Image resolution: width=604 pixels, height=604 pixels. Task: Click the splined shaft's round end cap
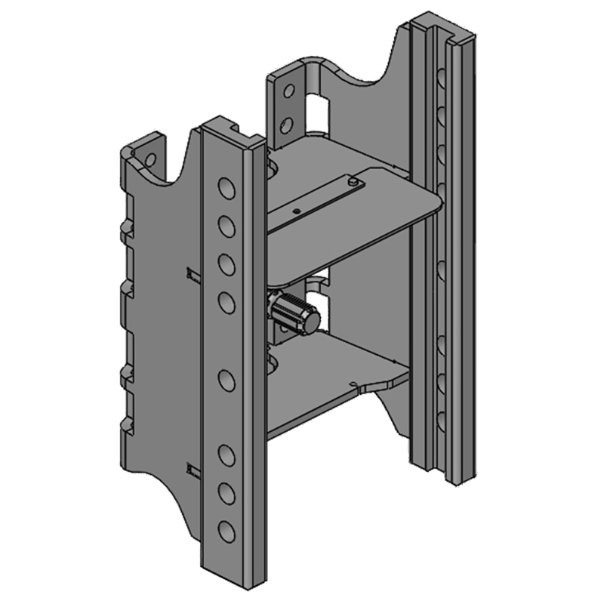[x=310, y=319]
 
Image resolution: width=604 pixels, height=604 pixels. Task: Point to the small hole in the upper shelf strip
[x=297, y=211]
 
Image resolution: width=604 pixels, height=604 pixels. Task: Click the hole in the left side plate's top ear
[x=149, y=159]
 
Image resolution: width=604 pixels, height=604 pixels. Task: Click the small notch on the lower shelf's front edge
[x=355, y=386]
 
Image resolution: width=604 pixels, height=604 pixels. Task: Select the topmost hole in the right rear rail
[x=440, y=75]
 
